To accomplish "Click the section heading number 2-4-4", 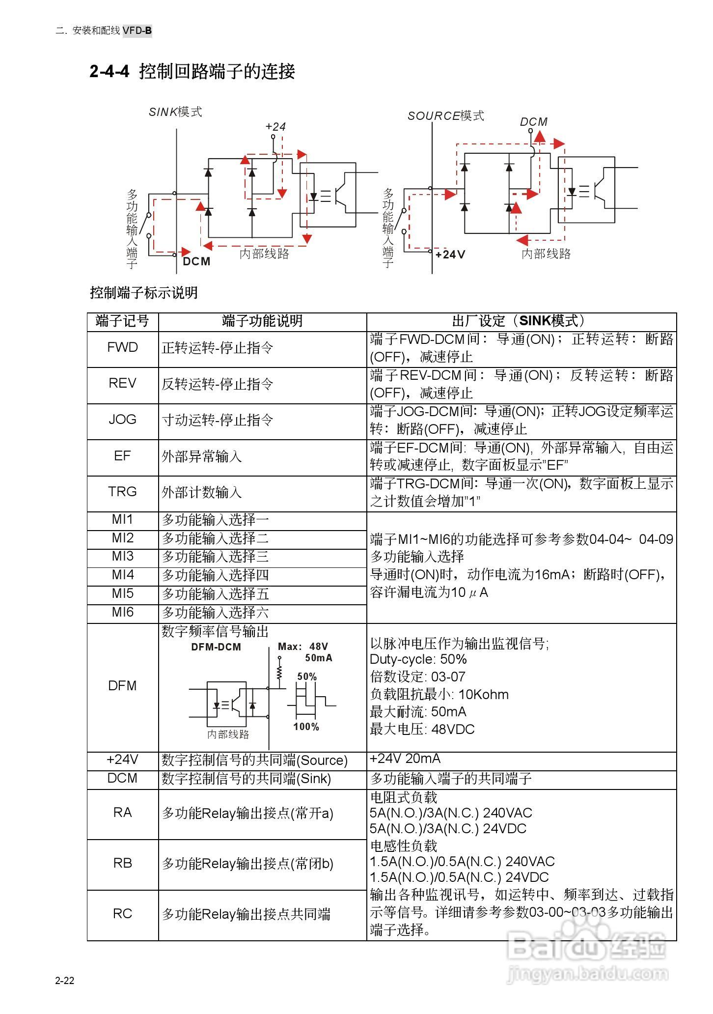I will point(109,72).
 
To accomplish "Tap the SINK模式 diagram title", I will point(175,112).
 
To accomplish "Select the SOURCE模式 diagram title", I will point(445,116).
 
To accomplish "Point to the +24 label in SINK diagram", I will point(275,127).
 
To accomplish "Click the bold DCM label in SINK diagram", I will point(196,261).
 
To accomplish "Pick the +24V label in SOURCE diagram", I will point(450,254).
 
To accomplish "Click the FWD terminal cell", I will point(122,348).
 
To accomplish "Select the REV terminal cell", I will point(122,384).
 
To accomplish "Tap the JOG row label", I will point(122,420).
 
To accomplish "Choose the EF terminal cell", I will point(122,456).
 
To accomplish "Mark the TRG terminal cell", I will point(122,492).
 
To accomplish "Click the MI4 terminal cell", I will point(122,575).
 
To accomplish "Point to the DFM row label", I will point(122,686).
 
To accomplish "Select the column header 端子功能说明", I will point(262,321).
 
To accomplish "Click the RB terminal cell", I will point(122,863).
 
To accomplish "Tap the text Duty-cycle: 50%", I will point(418,659).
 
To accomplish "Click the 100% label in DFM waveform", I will point(306,727).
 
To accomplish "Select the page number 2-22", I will point(64,981).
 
